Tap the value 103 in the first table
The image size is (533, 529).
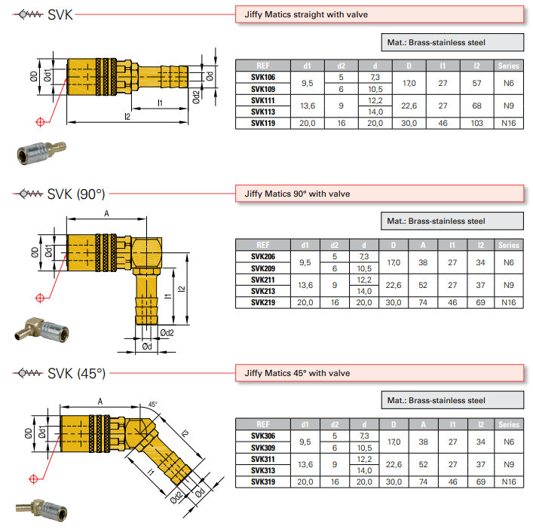click(x=476, y=123)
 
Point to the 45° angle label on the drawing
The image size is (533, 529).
click(x=154, y=404)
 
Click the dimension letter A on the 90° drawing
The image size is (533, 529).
click(x=107, y=214)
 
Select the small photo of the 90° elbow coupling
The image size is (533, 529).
click(x=38, y=329)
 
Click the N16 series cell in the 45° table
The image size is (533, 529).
click(x=509, y=482)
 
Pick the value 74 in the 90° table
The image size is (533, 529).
click(x=423, y=302)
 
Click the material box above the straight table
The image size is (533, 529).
click(x=452, y=43)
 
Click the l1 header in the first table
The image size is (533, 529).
click(x=443, y=66)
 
